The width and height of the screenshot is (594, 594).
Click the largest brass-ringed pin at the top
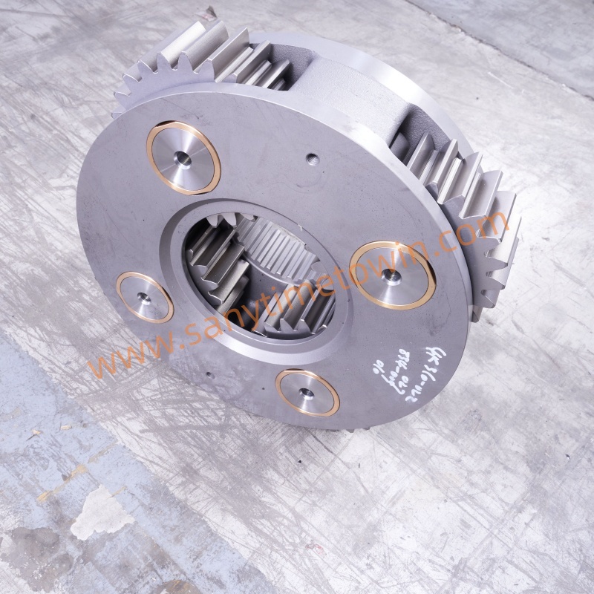[x=183, y=157]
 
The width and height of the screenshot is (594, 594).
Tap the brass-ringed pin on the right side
[x=392, y=275]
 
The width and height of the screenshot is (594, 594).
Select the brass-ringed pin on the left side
[x=145, y=296]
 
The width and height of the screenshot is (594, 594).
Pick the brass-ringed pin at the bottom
[x=307, y=392]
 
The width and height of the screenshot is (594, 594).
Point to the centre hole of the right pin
[x=391, y=276]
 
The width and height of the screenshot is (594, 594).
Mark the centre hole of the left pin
[x=143, y=297]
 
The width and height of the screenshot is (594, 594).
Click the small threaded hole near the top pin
[x=311, y=157]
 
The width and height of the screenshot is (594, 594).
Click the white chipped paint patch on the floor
[x=100, y=512]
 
